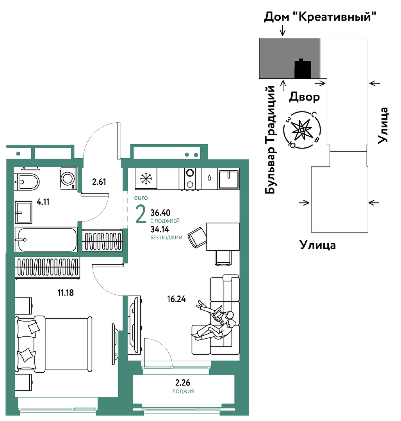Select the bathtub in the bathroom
point(46,240)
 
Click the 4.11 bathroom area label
point(43,202)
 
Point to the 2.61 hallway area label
point(99,182)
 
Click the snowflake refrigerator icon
point(146,178)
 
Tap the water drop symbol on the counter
point(209,178)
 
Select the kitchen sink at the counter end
point(228,179)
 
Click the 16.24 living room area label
point(176,299)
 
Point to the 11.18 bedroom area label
point(66,292)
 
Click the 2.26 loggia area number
point(183,382)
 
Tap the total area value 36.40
point(160,213)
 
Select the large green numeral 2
point(141,214)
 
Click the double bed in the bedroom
point(54,344)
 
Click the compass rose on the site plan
point(302,130)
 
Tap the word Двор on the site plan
point(305,97)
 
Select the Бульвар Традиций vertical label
point(270,140)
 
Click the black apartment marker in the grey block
point(303,69)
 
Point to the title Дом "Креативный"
point(320,17)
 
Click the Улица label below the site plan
point(317,245)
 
